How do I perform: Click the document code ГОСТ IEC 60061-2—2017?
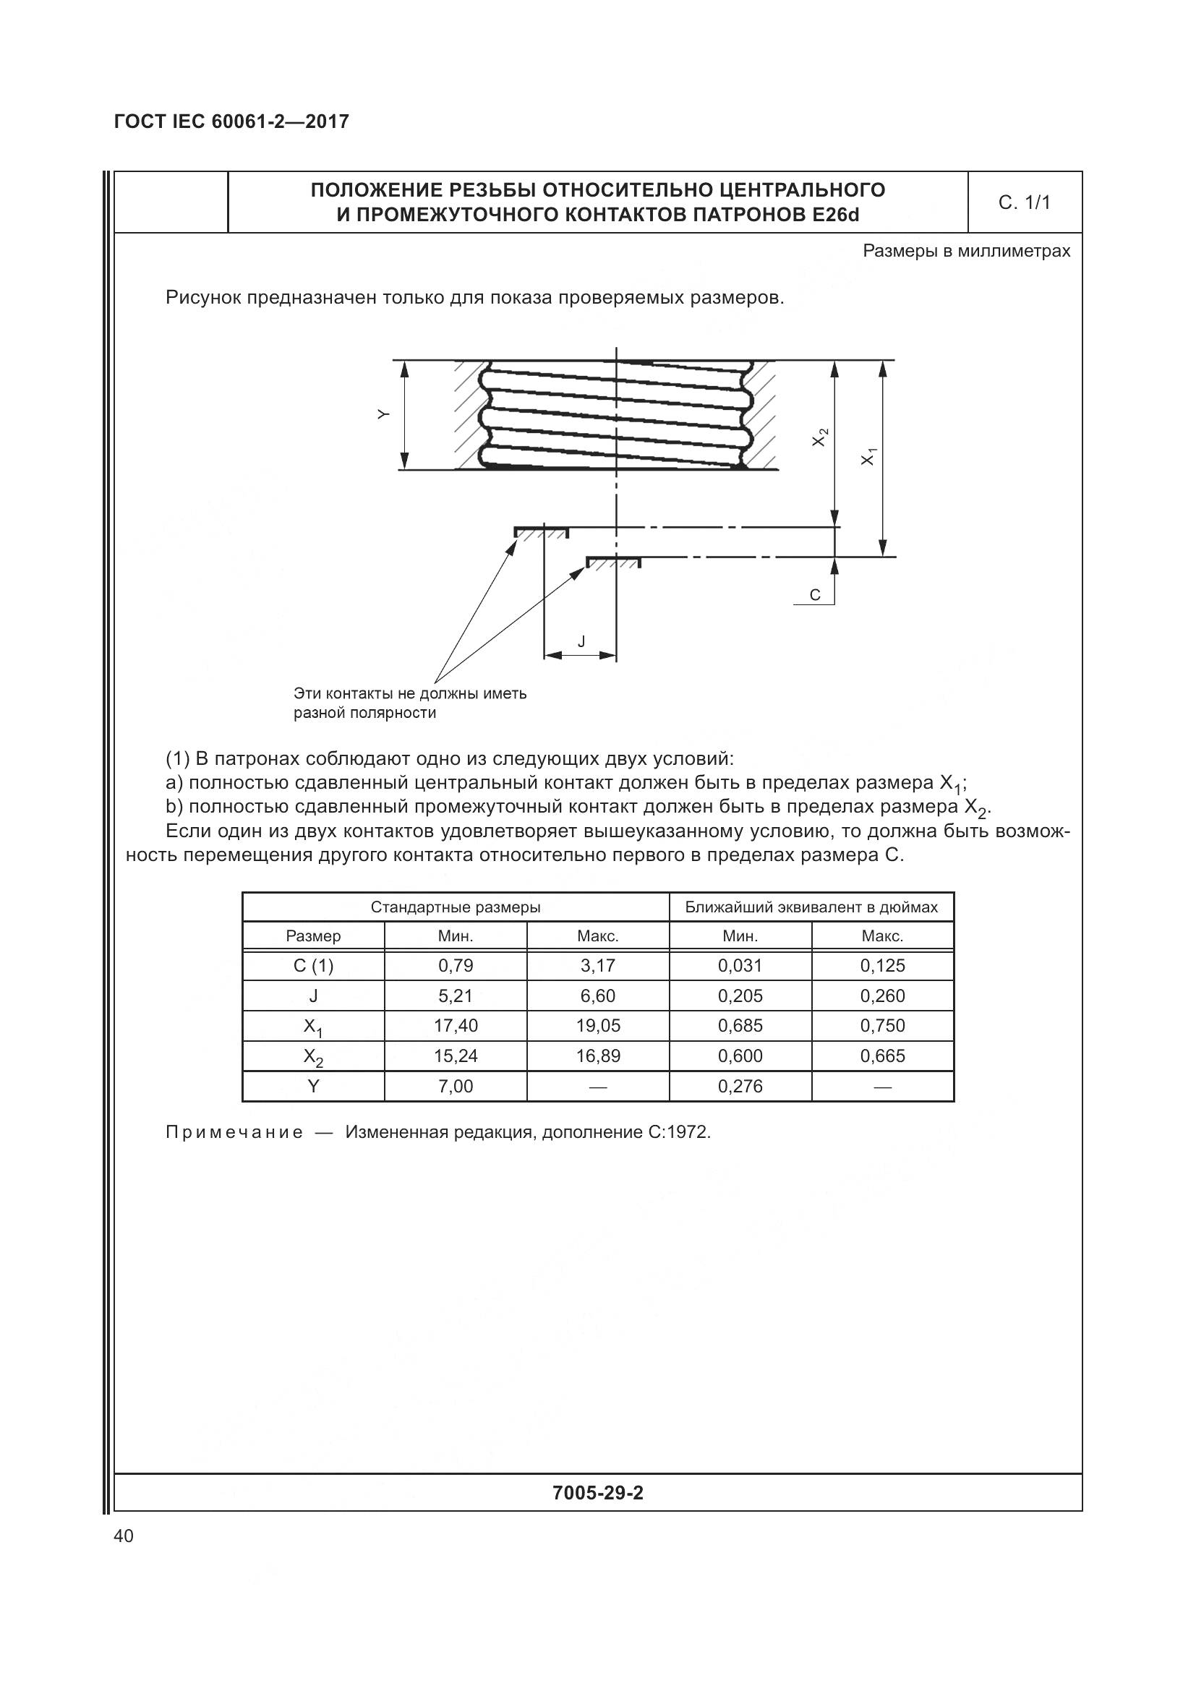point(231,121)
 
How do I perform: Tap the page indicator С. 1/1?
point(1025,202)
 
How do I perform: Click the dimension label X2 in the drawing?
point(820,437)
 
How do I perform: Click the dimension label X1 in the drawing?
point(869,457)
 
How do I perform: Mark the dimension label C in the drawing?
point(814,595)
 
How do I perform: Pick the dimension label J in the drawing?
point(581,642)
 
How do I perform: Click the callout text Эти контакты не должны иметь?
point(409,693)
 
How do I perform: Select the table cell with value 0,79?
point(455,966)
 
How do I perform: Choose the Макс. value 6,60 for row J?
point(597,996)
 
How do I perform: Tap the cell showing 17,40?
point(455,1025)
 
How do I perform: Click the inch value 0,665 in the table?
point(882,1056)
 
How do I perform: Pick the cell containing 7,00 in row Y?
point(455,1087)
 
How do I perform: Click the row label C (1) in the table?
point(313,966)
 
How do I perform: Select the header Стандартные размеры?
point(455,907)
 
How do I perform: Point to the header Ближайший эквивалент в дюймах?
point(811,907)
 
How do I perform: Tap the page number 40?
point(124,1536)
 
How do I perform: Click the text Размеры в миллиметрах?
point(965,251)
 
